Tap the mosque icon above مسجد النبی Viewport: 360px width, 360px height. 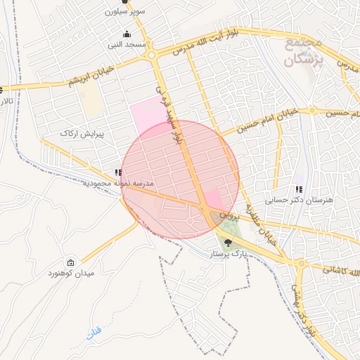click(x=127, y=35)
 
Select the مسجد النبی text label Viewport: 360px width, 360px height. click(x=127, y=45)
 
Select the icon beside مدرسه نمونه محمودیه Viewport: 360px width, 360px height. click(x=117, y=172)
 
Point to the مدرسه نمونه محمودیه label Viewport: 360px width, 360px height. click(x=117, y=183)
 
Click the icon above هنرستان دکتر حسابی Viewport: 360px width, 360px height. click(x=300, y=189)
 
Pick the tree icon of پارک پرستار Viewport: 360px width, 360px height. click(x=226, y=243)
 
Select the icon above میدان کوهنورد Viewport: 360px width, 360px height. click(x=70, y=262)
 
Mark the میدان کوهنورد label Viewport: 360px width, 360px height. click(x=70, y=272)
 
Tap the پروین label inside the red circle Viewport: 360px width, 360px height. click(x=224, y=212)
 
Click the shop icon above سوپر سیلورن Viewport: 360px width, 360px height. click(x=125, y=2)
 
